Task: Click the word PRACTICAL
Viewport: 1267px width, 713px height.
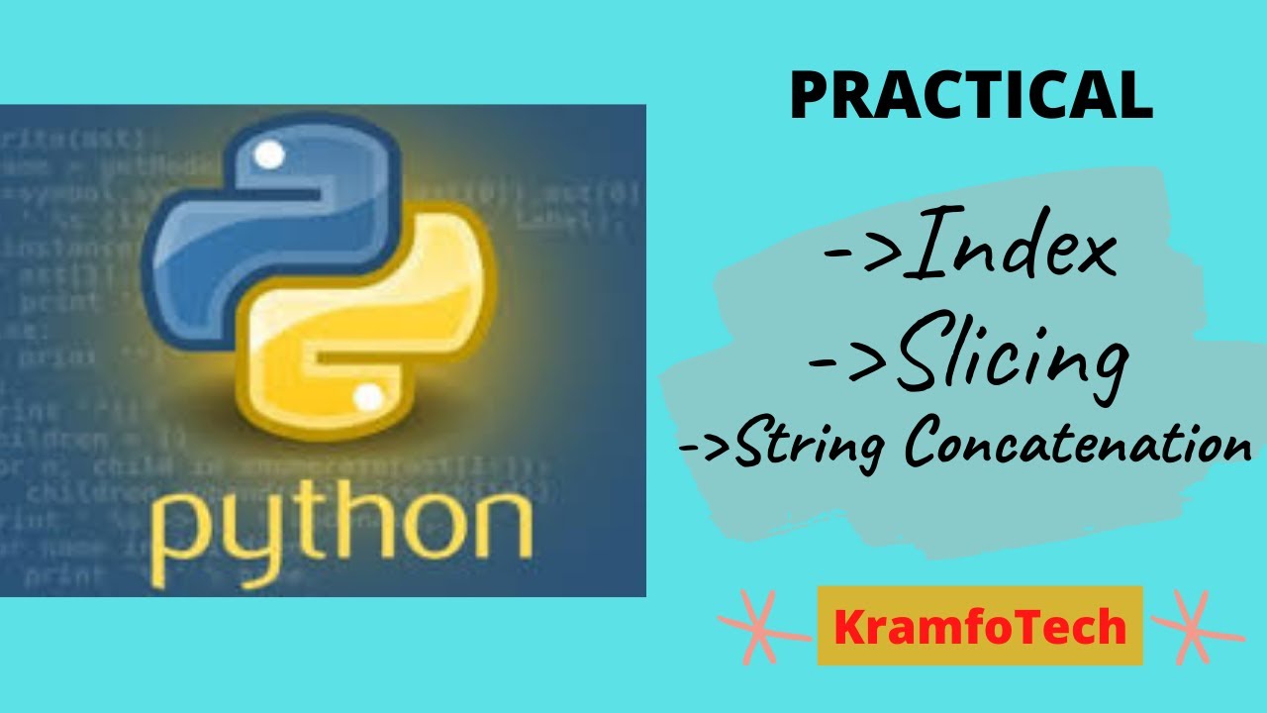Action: pyautogui.click(x=971, y=97)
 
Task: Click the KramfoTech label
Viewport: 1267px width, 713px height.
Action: pyautogui.click(x=980, y=627)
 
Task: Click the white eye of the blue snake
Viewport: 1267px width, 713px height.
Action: pyautogui.click(x=270, y=155)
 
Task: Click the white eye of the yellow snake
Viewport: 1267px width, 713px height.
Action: pyautogui.click(x=368, y=398)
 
